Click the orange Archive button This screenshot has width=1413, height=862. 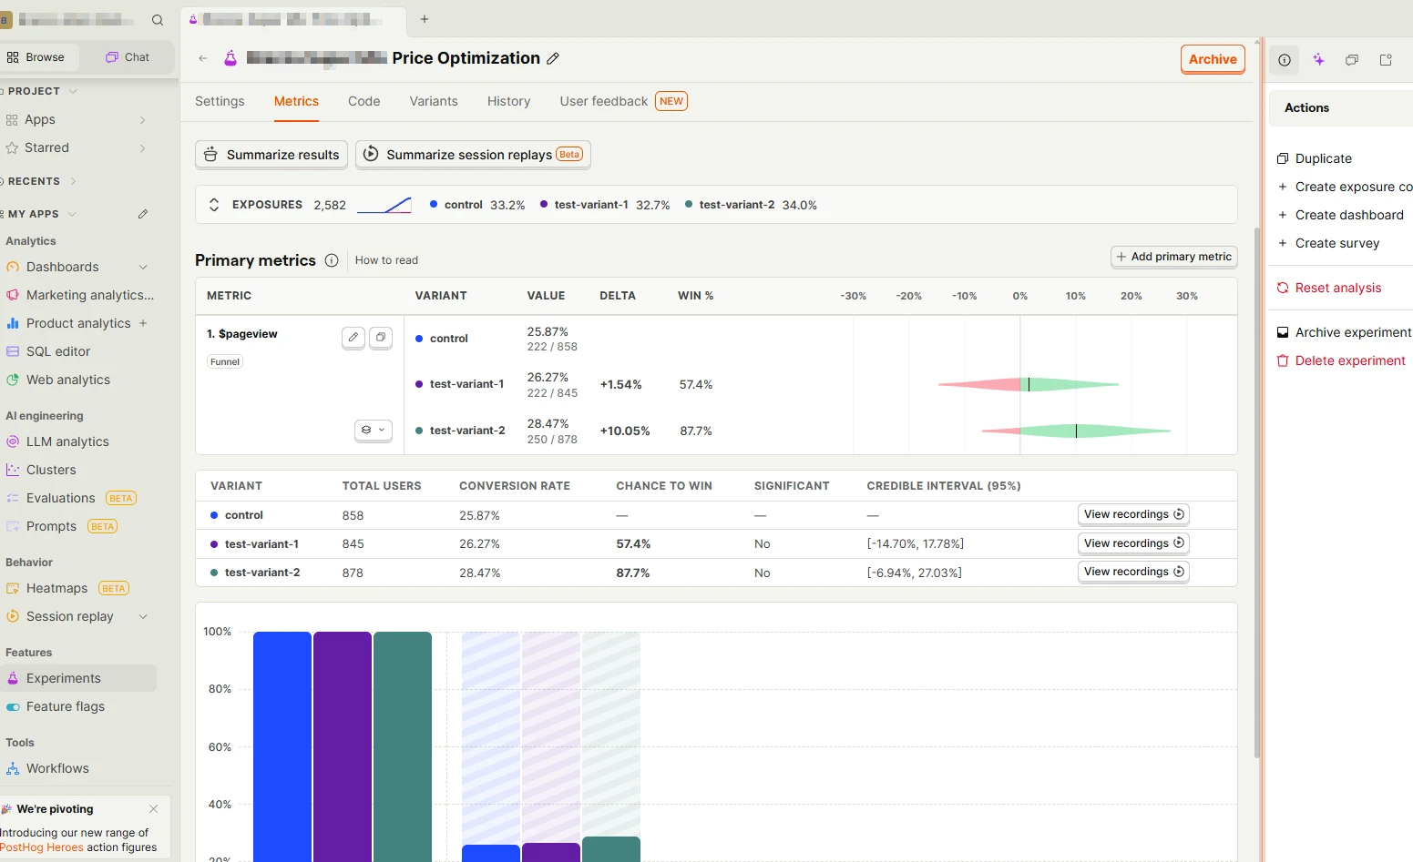click(x=1213, y=59)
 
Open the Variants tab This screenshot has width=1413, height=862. click(x=434, y=101)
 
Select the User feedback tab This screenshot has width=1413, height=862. click(x=604, y=101)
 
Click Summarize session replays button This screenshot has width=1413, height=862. click(x=473, y=155)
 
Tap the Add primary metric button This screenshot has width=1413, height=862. click(x=1173, y=257)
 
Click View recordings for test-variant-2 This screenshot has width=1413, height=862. click(x=1133, y=572)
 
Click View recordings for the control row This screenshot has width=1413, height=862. click(x=1133, y=514)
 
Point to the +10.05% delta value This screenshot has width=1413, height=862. click(x=625, y=431)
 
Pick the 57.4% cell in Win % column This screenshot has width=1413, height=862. click(x=696, y=385)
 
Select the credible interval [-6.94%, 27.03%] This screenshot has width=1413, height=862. click(x=914, y=573)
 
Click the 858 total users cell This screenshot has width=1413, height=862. click(x=353, y=515)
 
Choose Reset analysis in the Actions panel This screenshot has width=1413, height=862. click(x=1337, y=288)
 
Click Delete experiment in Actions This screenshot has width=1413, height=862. click(x=1349, y=360)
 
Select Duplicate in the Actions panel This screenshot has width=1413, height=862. click(x=1323, y=158)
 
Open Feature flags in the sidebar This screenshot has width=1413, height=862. click(x=66, y=706)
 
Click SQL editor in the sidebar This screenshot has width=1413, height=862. click(x=58, y=351)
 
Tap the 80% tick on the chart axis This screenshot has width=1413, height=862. click(x=220, y=689)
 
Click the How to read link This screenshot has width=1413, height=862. click(x=386, y=260)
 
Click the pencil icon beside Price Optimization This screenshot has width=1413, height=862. click(x=553, y=58)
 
